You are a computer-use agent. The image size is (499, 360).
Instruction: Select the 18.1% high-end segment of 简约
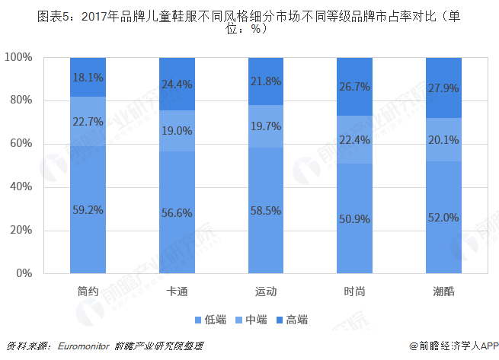pos(88,77)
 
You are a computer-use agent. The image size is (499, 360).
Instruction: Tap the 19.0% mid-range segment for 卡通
pos(178,130)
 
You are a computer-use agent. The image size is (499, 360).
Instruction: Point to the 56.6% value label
pos(178,213)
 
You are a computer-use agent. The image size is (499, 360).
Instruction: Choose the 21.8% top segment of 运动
pos(266,81)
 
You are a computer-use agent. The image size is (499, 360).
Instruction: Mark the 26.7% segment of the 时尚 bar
pos(354,87)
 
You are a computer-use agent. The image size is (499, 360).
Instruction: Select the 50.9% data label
pos(354,218)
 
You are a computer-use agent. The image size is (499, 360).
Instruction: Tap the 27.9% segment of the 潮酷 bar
pos(443,88)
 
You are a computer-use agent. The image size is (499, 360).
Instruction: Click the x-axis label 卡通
pos(178,290)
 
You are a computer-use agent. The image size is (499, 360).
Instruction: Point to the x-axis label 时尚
pos(354,290)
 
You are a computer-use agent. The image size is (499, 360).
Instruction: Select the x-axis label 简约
pos(88,290)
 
